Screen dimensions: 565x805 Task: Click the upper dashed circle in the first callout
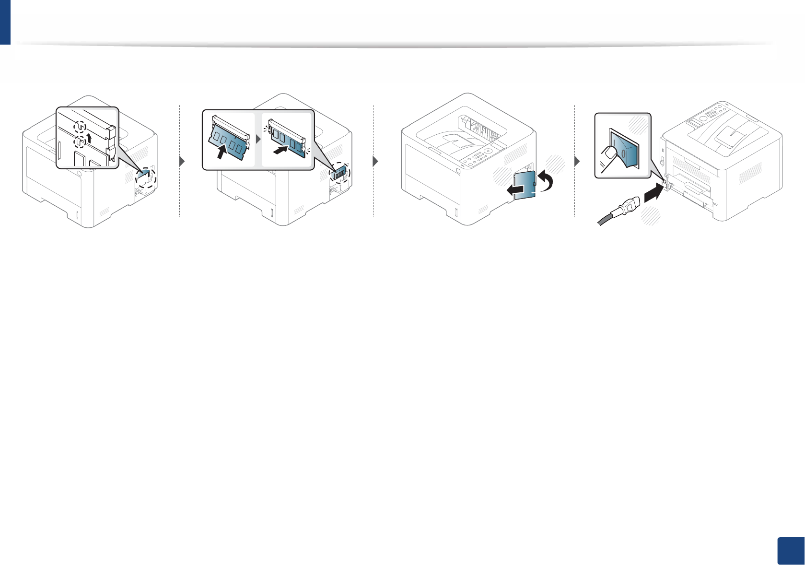point(81,126)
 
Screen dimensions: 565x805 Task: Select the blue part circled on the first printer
point(145,177)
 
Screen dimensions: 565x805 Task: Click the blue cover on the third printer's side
point(525,184)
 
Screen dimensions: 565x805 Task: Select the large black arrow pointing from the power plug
point(653,194)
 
